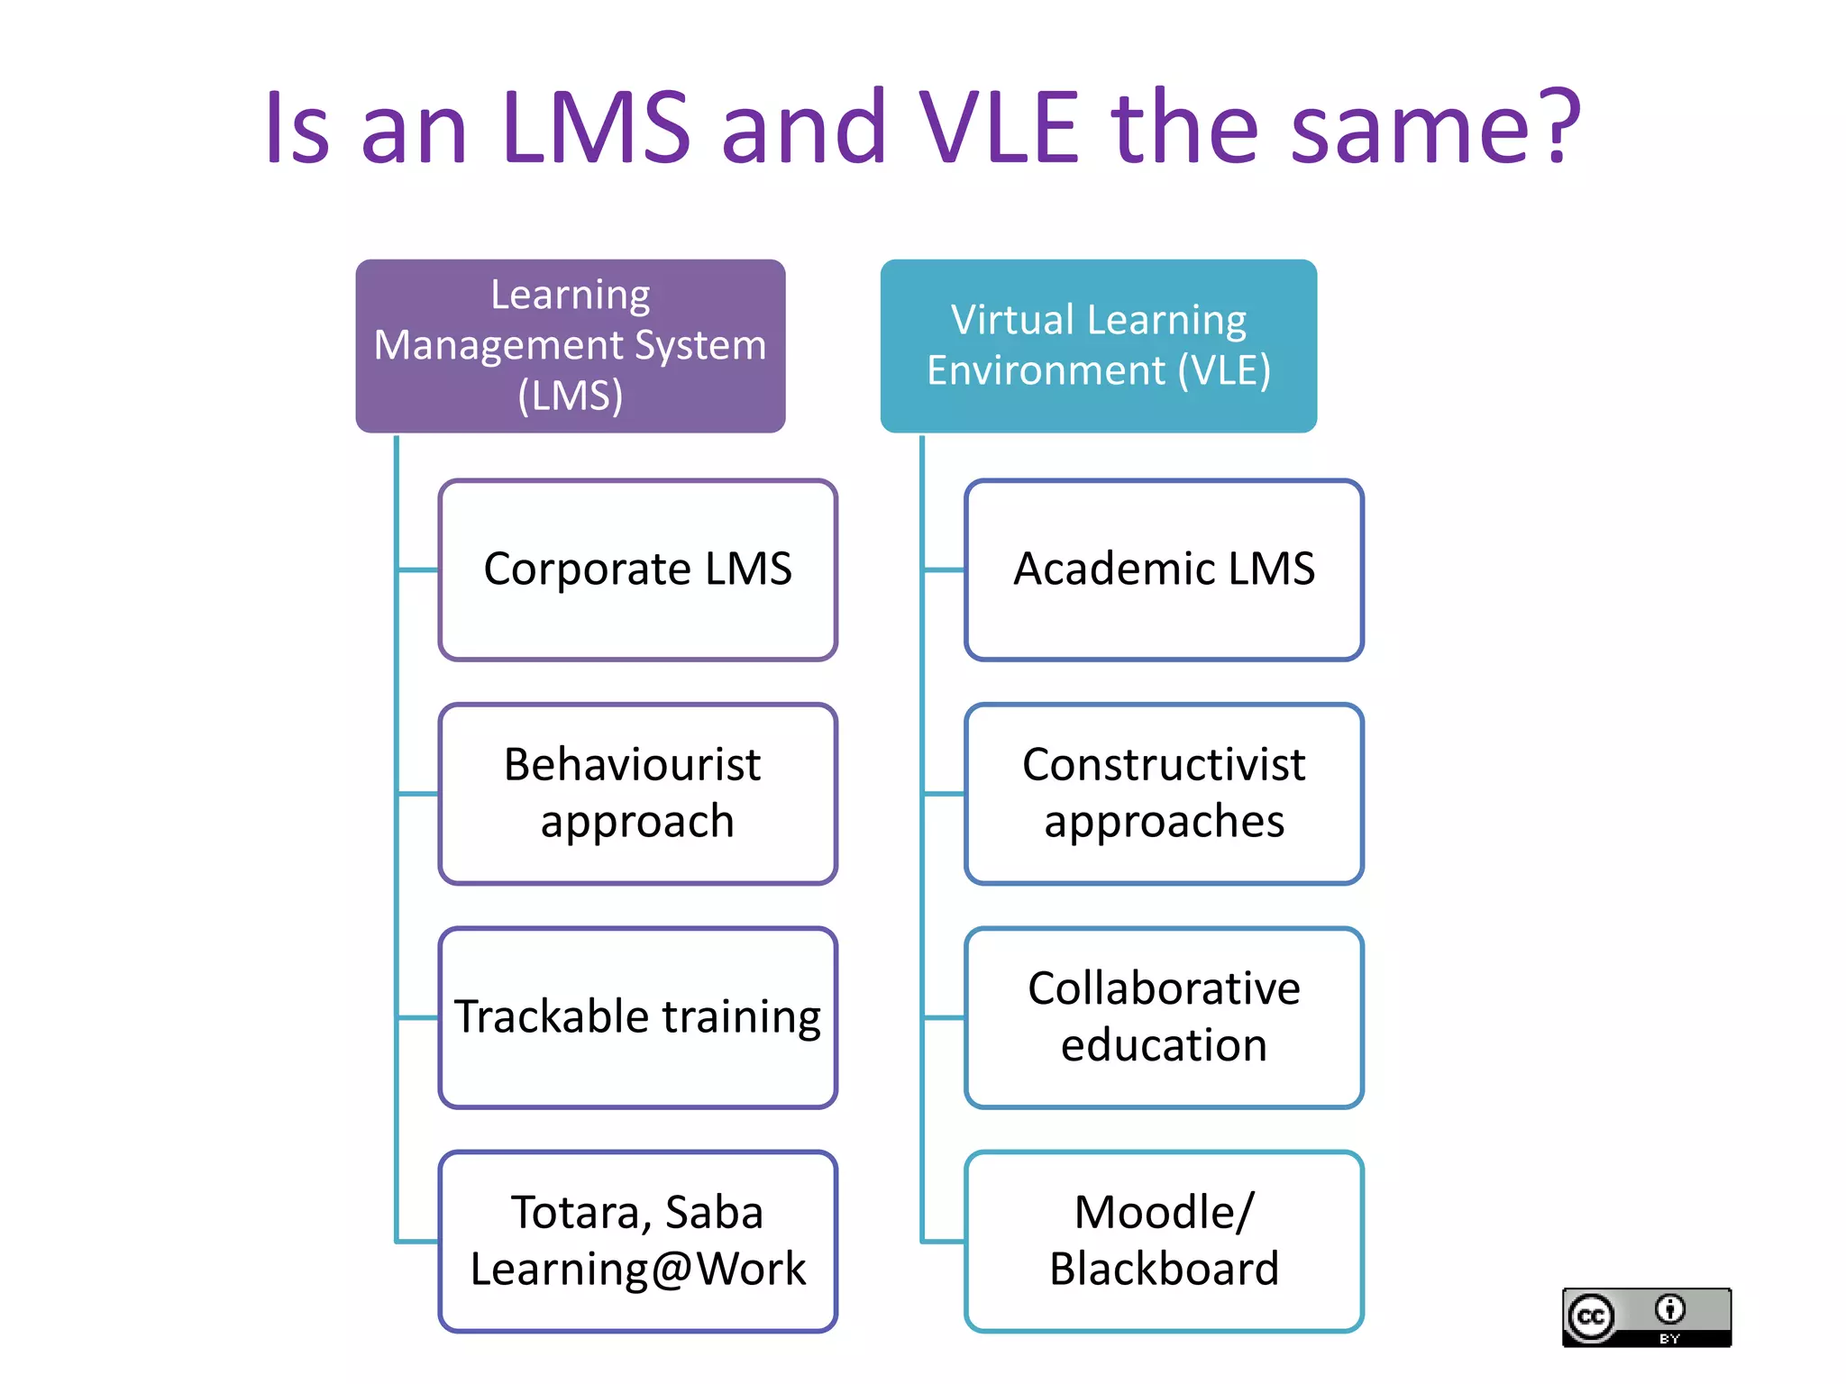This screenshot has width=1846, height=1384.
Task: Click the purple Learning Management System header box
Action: point(570,346)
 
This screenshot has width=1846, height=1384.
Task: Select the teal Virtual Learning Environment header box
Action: point(1098,346)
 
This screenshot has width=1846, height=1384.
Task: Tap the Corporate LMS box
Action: point(637,569)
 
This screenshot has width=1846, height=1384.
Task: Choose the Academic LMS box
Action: point(1163,569)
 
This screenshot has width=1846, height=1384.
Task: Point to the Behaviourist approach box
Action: point(637,793)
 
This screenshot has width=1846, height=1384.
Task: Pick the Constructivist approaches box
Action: point(1163,793)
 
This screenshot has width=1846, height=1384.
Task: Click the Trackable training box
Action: point(637,1017)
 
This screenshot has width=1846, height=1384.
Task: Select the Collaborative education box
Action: point(1163,1017)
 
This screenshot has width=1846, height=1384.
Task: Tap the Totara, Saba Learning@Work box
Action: point(637,1241)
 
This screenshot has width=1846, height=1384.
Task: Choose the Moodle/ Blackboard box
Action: point(1163,1241)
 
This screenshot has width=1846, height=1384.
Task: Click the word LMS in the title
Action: point(597,128)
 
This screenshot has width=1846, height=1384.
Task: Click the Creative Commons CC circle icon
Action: point(1591,1317)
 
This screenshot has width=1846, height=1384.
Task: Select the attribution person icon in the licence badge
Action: point(1669,1308)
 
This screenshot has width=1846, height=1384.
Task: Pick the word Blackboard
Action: point(1163,1269)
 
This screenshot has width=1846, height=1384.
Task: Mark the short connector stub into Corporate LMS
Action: point(418,569)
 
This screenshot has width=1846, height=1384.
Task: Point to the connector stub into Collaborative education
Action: point(944,1017)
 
